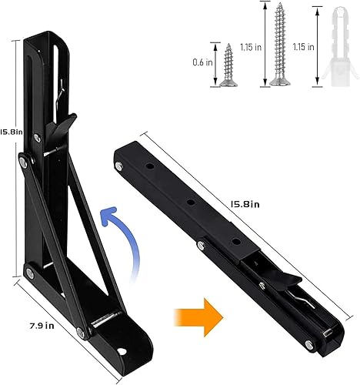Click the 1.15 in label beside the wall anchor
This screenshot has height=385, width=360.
click(304, 46)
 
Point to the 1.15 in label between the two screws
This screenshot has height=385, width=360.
click(249, 46)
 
